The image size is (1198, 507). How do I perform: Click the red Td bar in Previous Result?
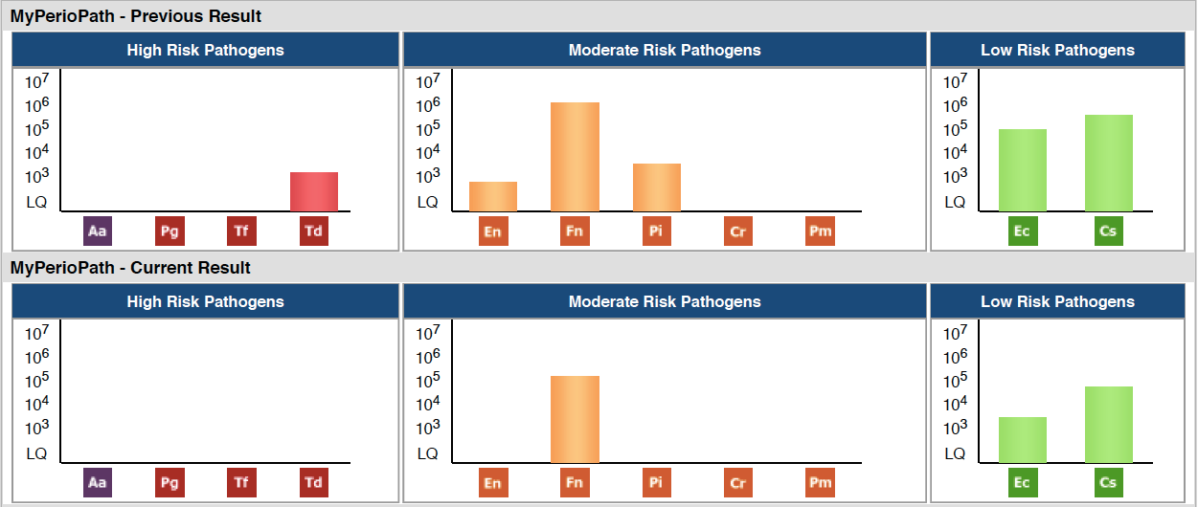tap(314, 191)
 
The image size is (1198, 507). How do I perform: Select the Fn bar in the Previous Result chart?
tap(575, 157)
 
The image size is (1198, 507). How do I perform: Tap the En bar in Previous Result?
tap(493, 196)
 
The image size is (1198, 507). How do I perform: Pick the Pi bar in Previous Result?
tap(657, 187)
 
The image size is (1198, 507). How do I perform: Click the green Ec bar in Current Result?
tap(1023, 440)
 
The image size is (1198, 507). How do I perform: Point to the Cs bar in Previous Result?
tap(1109, 163)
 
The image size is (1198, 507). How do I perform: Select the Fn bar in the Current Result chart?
tap(575, 419)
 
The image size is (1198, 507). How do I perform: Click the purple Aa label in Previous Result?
tap(98, 231)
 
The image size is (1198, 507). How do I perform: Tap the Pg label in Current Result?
tap(170, 482)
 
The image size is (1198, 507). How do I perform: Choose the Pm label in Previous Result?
tap(820, 231)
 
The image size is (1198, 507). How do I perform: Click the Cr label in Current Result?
tap(738, 482)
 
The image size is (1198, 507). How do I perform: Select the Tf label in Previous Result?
tap(241, 231)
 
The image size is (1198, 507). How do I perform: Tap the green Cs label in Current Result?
tap(1109, 482)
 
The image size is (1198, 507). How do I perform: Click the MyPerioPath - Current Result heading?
tap(130, 267)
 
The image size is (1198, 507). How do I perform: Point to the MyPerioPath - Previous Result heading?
tap(135, 16)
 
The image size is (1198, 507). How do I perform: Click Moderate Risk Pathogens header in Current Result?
tap(665, 301)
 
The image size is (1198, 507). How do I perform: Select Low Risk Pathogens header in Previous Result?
tap(1057, 50)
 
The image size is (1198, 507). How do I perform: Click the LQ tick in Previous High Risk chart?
tap(36, 202)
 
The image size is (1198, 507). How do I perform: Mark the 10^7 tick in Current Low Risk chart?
tap(955, 332)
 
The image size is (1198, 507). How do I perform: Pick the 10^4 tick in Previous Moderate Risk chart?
tap(428, 152)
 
